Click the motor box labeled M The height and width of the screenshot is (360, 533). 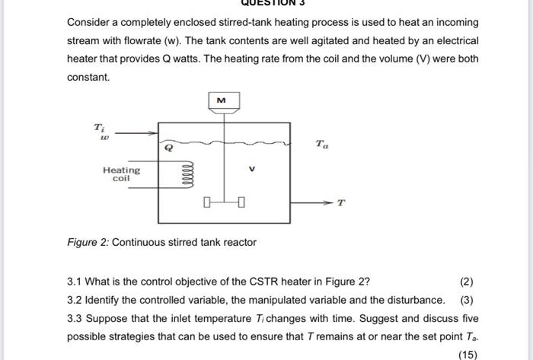[x=222, y=99]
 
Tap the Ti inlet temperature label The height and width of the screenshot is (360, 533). [x=99, y=126]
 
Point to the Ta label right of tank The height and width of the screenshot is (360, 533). [x=322, y=143]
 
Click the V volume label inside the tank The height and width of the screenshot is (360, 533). [x=250, y=170]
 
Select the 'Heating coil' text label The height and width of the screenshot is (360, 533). [x=121, y=174]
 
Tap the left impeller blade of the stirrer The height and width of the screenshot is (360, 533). [x=206, y=202]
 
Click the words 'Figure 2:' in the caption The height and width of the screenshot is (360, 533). [x=88, y=242]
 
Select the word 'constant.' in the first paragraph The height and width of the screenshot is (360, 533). [x=88, y=77]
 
